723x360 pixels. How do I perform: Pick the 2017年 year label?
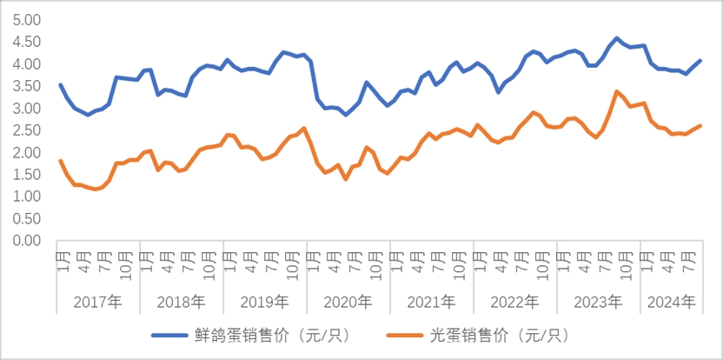(x=97, y=302)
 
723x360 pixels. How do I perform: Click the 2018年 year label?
(x=181, y=302)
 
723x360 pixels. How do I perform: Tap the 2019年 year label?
(x=264, y=302)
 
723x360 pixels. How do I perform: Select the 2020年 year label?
(x=348, y=302)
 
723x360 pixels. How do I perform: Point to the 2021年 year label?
(x=431, y=302)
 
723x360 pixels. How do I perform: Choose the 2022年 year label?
(x=514, y=302)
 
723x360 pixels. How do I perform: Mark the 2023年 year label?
(x=598, y=302)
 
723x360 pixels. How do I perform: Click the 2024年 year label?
(x=671, y=302)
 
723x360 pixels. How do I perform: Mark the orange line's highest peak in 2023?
(x=617, y=91)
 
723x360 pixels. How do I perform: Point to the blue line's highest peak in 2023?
(x=617, y=38)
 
